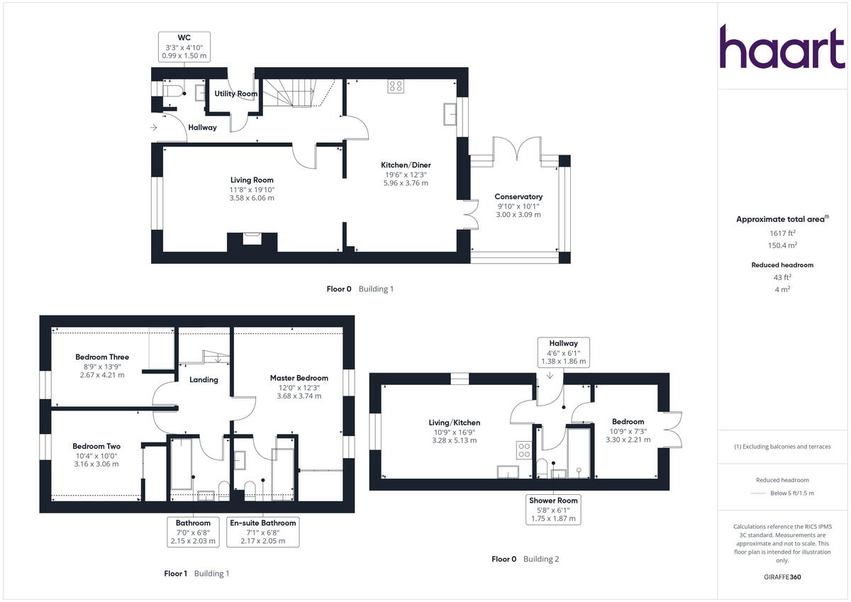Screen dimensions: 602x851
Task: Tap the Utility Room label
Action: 236,94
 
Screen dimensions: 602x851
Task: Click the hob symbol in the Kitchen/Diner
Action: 396,87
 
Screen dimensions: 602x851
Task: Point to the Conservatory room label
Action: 518,197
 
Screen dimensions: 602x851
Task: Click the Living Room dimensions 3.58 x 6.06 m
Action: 251,198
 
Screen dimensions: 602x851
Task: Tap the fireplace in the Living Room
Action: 252,239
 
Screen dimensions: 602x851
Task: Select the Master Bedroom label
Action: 299,378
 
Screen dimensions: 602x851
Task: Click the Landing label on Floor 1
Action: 204,379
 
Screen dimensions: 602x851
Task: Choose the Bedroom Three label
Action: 102,357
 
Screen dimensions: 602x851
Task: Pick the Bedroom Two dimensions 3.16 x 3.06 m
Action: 96,464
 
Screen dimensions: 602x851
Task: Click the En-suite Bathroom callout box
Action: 263,531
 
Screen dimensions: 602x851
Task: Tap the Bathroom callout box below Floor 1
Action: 194,531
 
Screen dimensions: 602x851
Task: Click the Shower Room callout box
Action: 554,509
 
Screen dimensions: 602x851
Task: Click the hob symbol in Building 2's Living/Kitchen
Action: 524,450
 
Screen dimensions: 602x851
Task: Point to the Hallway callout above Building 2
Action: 564,352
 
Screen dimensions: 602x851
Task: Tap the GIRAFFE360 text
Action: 782,577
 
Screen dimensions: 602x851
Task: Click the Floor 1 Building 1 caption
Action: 196,574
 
